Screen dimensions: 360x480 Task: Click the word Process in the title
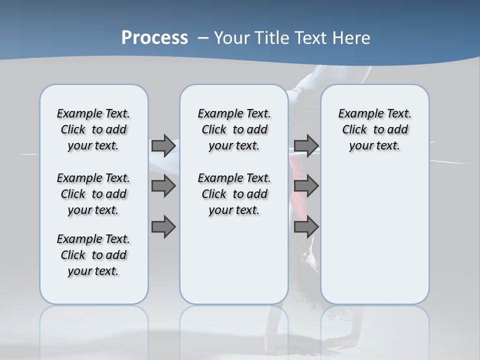(154, 38)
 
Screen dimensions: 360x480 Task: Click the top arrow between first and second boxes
(163, 145)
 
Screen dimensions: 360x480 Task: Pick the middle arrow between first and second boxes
(163, 186)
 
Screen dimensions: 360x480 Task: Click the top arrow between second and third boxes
(306, 145)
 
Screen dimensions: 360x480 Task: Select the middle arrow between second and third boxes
(306, 186)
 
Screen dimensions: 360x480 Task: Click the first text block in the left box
(93, 129)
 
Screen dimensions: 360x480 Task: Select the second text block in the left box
(93, 194)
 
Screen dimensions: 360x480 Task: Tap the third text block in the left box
(93, 255)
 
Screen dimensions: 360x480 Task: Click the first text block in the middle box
(234, 129)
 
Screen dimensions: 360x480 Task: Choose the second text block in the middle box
(234, 194)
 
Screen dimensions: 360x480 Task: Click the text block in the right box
(374, 129)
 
